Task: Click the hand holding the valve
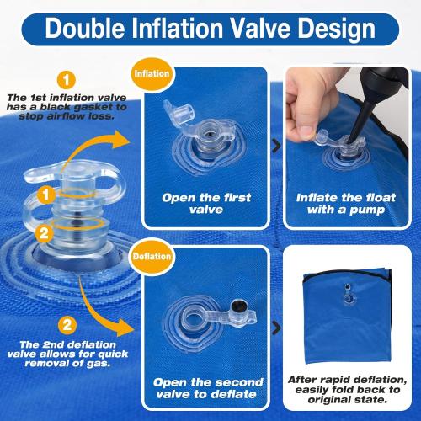(316, 147)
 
